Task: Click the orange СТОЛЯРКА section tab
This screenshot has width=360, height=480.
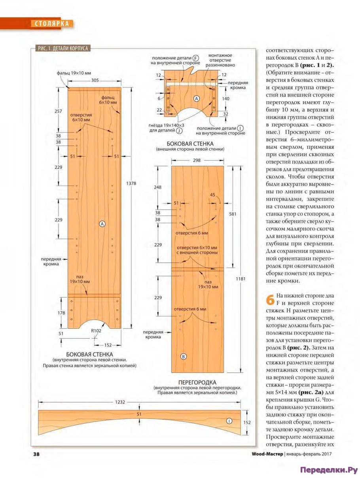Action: (x=51, y=24)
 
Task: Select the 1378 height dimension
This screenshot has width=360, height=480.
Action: (x=133, y=183)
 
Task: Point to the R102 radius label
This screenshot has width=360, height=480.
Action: (x=96, y=331)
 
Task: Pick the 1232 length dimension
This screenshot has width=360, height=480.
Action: (x=120, y=402)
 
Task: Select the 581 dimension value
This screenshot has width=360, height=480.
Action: (x=233, y=214)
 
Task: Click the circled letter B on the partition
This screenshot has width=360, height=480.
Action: (x=183, y=356)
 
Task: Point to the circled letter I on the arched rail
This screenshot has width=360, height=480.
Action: (x=229, y=421)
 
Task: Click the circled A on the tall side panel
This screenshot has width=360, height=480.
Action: (x=102, y=224)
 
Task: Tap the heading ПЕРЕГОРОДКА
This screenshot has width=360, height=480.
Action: (x=197, y=382)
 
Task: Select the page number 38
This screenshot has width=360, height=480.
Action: (x=36, y=454)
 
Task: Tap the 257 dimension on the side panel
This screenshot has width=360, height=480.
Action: (x=58, y=111)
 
